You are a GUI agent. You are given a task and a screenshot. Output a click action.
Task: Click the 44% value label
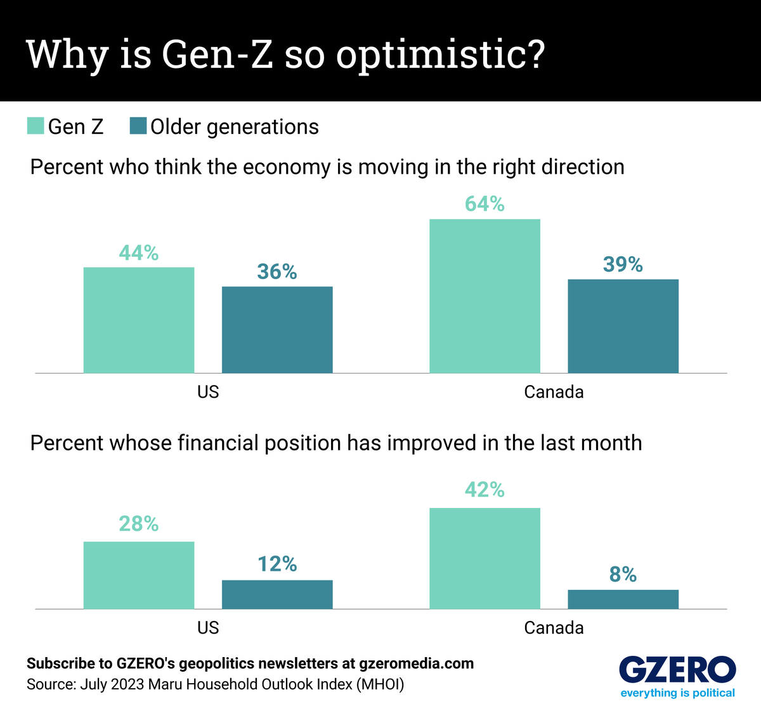(x=139, y=253)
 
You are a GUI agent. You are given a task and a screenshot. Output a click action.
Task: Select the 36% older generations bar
(x=277, y=330)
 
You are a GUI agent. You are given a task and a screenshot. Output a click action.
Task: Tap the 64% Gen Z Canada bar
(x=485, y=296)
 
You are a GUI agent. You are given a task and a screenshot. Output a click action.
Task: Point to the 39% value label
(x=623, y=264)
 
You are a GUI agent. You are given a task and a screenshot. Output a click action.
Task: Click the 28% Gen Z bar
(x=139, y=575)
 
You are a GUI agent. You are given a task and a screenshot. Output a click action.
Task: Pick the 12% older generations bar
(x=277, y=594)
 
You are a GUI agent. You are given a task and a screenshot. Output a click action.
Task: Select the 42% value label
(x=485, y=490)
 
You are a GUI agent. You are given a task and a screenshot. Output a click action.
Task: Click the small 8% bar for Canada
(x=623, y=599)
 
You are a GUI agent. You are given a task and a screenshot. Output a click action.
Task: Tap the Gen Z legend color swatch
(x=36, y=126)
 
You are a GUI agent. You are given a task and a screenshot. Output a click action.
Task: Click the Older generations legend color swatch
(x=138, y=126)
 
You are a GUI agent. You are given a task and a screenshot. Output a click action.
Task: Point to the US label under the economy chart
(x=208, y=392)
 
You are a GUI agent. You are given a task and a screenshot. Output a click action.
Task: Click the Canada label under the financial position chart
(x=554, y=628)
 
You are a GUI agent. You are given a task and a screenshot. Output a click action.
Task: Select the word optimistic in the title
(x=440, y=55)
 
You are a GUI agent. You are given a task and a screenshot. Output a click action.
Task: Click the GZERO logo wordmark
(x=677, y=670)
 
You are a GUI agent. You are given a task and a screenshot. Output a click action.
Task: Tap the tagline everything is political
(x=677, y=693)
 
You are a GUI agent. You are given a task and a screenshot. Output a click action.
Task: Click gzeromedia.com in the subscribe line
(x=416, y=663)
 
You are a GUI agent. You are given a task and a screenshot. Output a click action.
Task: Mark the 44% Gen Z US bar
(x=139, y=320)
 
